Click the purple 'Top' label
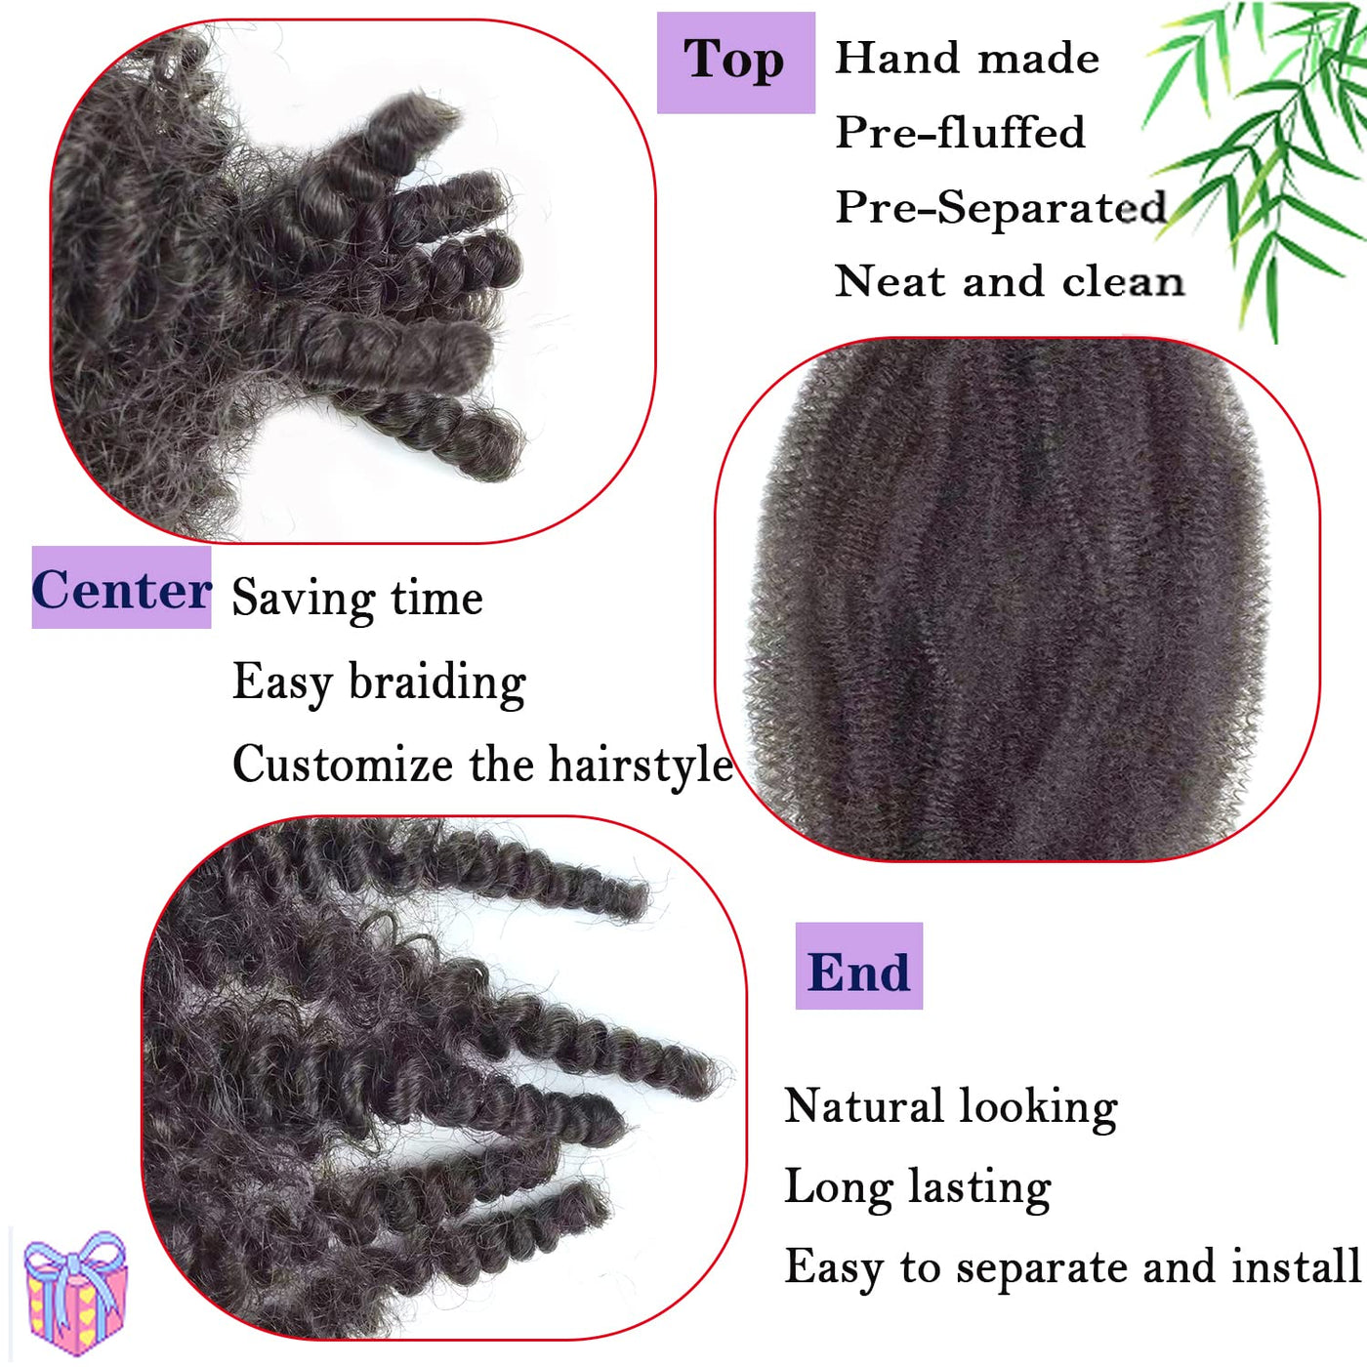tap(735, 62)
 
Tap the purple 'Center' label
tap(121, 588)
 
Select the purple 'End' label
tap(859, 967)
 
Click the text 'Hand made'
tap(968, 59)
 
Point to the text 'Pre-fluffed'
tap(961, 132)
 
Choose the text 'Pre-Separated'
tap(1001, 207)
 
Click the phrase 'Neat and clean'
tap(1010, 281)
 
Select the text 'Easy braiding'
tap(380, 683)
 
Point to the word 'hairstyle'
tap(642, 766)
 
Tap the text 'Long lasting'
tap(917, 1188)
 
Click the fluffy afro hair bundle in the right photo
tap(1015, 600)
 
